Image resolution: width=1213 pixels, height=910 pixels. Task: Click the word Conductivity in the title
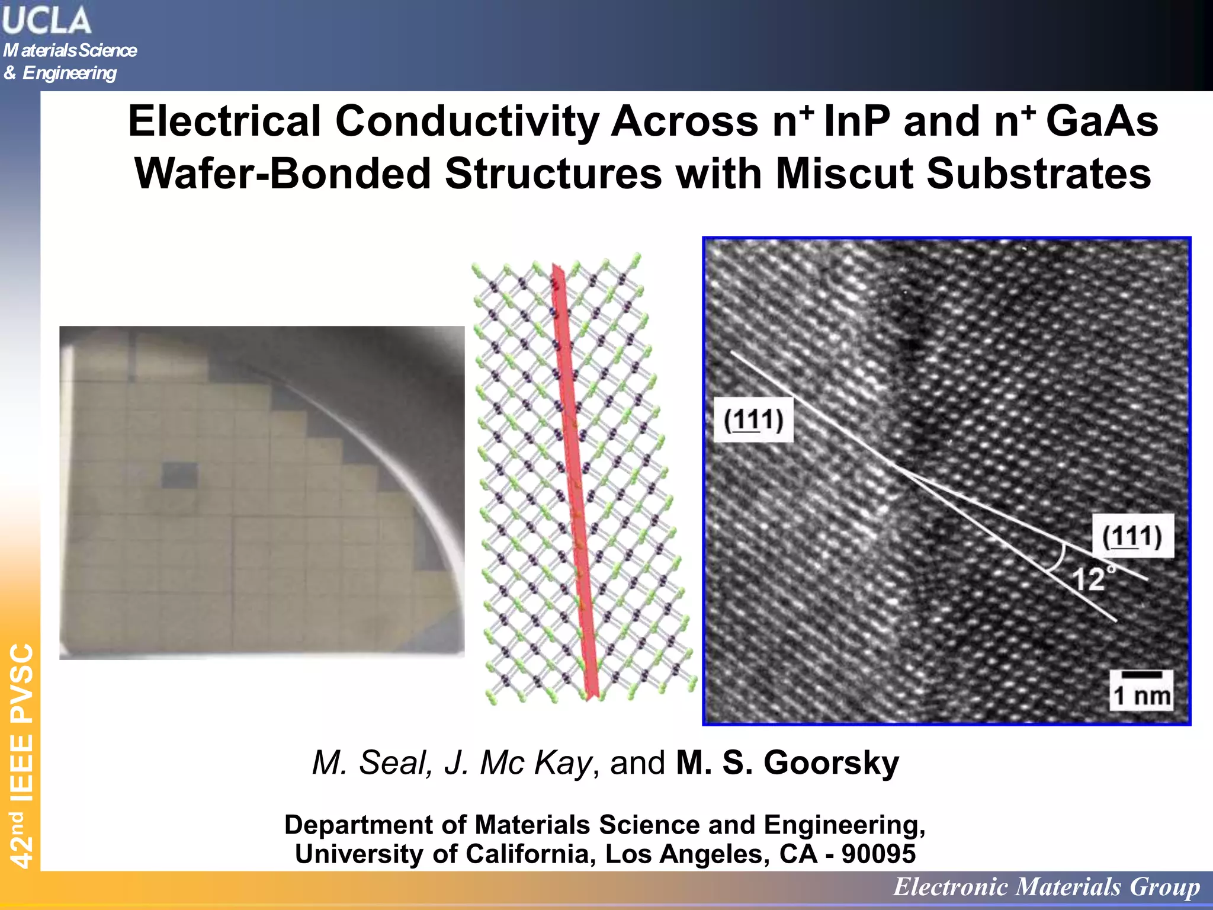click(467, 121)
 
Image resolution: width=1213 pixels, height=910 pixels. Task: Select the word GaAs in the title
click(1102, 121)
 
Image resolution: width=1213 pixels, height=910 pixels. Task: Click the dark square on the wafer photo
click(179, 475)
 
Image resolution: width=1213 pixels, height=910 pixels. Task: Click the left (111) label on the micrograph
click(753, 420)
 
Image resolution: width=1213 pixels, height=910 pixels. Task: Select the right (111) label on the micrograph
click(1132, 536)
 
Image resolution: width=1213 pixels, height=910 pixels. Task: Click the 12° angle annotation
click(1090, 578)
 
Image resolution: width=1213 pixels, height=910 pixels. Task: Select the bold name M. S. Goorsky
click(787, 762)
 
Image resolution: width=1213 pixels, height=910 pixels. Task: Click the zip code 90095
click(878, 854)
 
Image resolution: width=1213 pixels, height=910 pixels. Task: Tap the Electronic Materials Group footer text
click(1047, 887)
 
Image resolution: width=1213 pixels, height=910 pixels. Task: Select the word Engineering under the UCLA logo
click(69, 73)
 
